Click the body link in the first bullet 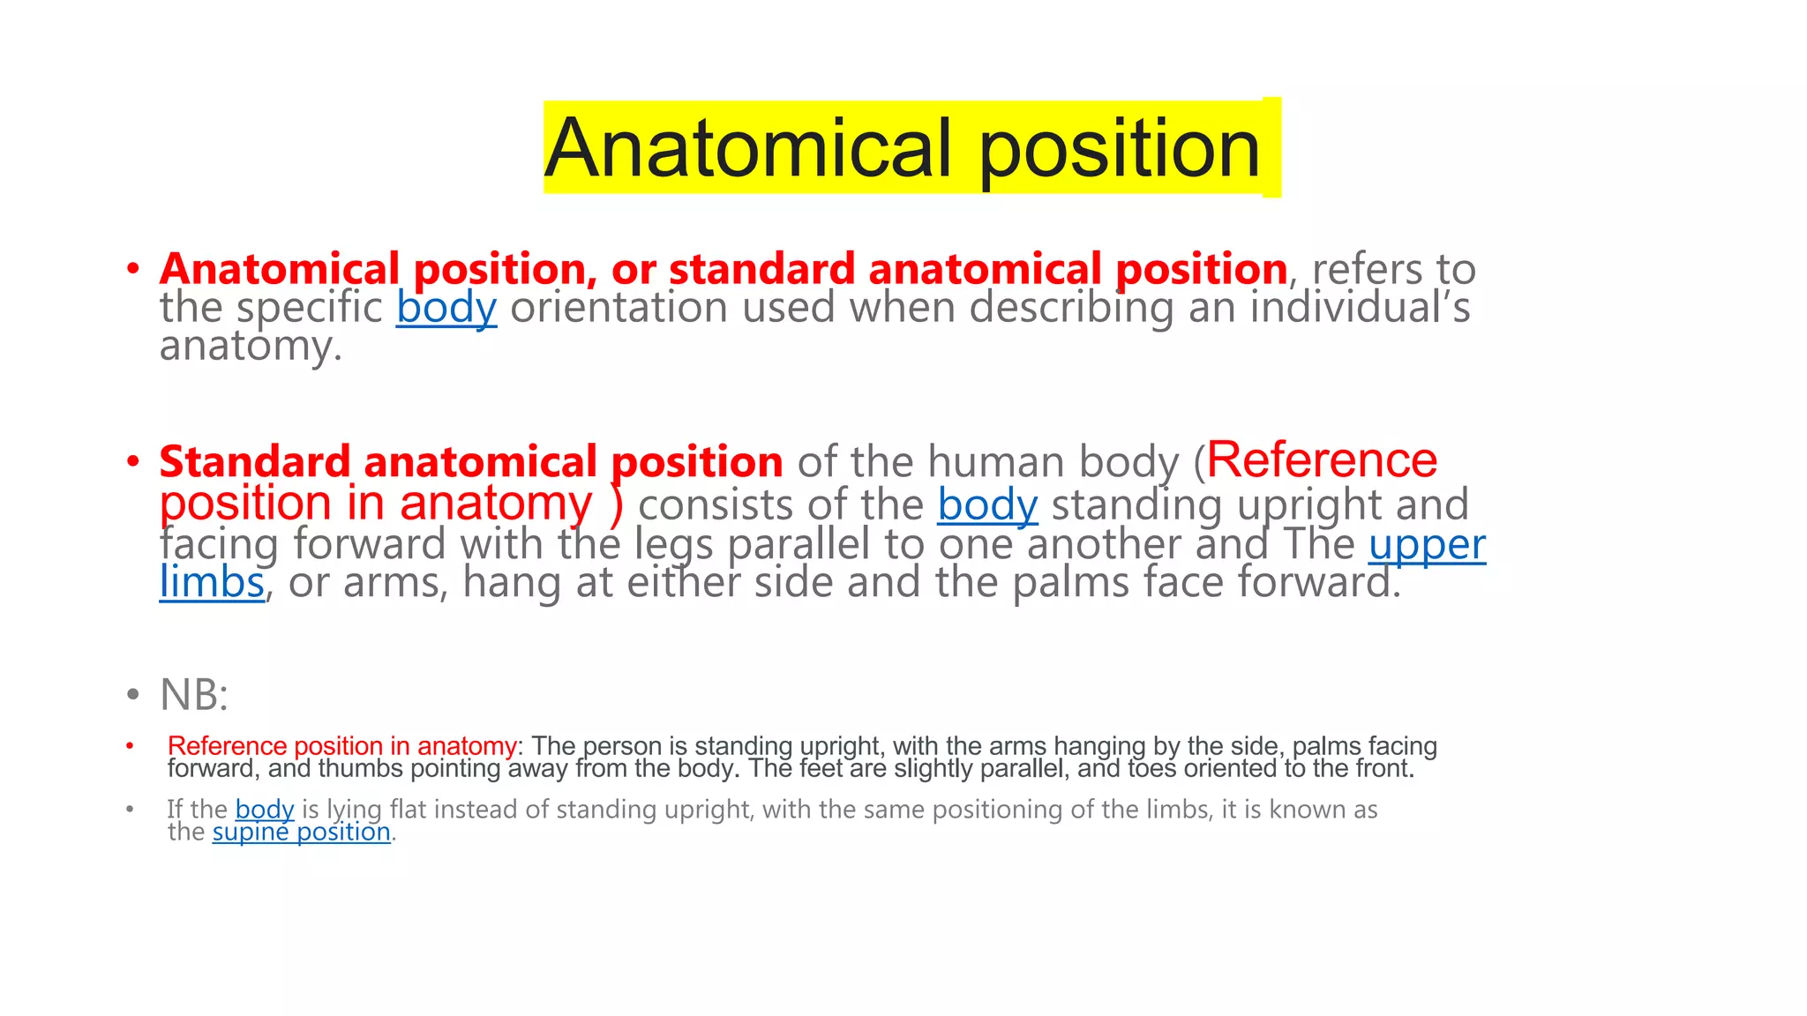coord(446,308)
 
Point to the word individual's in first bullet coord(1360,308)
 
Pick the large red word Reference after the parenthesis coord(1322,460)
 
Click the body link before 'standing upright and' coord(987,505)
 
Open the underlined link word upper coord(1427,544)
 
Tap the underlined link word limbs coord(212,583)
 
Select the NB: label coord(194,695)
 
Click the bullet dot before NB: coord(132,695)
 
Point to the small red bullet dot coord(130,746)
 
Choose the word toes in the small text coord(1151,769)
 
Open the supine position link coord(301,833)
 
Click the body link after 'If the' coord(265,810)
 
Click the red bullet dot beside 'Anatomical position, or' coord(132,268)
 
